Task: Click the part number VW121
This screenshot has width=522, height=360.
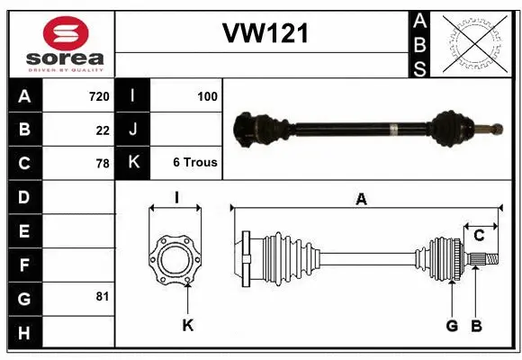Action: (x=265, y=34)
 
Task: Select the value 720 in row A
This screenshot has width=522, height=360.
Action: (x=99, y=95)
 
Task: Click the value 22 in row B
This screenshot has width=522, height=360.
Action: (x=103, y=130)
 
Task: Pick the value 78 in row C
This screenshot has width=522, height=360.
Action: (x=103, y=164)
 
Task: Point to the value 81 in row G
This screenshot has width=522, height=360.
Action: (x=103, y=296)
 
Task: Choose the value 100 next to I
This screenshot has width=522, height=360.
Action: (x=207, y=95)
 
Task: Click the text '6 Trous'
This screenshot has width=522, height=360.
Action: (x=194, y=163)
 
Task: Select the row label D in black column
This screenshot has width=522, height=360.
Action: (x=24, y=196)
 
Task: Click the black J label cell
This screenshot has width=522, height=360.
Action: (x=132, y=130)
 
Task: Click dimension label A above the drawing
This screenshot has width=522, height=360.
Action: (x=361, y=200)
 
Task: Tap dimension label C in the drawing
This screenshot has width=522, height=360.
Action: (x=479, y=235)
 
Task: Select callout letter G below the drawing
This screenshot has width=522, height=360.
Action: (x=452, y=325)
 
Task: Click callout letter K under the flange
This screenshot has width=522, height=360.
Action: (x=187, y=325)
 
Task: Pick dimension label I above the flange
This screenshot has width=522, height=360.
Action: (x=176, y=197)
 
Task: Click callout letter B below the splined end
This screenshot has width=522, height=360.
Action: (x=476, y=325)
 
